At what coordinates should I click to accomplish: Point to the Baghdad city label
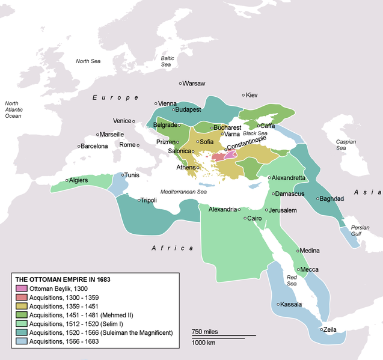[x=333, y=198]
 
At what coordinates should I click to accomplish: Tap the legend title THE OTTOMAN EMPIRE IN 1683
[x=62, y=279]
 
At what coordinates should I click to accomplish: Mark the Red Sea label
[x=292, y=280]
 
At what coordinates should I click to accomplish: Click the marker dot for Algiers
[x=67, y=180]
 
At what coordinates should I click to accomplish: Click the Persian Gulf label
[x=360, y=231]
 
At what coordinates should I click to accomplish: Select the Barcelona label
[x=95, y=146]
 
